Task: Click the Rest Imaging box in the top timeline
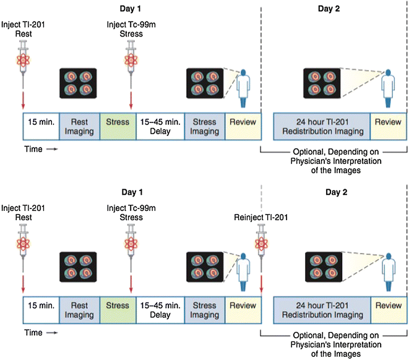(x=79, y=127)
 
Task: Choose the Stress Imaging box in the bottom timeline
(x=204, y=310)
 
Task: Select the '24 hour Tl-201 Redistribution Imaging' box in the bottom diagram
(x=322, y=310)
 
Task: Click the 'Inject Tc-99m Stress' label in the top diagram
(x=131, y=28)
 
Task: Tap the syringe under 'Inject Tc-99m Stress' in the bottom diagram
(x=131, y=247)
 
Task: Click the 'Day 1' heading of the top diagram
(x=131, y=9)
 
